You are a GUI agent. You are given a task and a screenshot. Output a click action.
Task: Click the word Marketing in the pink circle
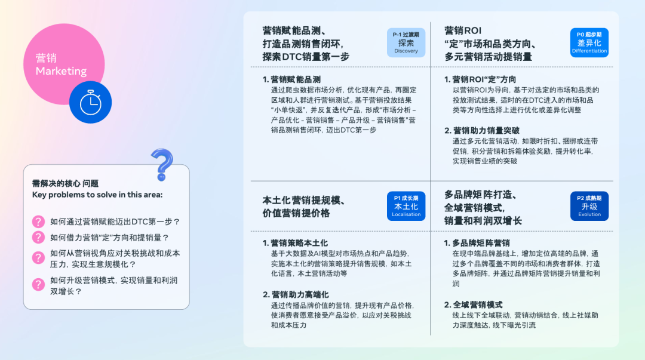(61, 71)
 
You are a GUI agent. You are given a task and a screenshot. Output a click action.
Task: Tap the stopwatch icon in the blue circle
(91, 103)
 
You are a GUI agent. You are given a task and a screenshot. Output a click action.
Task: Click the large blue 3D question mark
(162, 165)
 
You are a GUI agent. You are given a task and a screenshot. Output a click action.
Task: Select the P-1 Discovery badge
(406, 42)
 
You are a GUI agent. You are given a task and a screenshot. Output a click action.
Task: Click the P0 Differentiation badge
(589, 42)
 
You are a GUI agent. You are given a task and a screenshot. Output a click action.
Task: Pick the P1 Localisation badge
(406, 206)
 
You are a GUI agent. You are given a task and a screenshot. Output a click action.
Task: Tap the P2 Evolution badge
(589, 206)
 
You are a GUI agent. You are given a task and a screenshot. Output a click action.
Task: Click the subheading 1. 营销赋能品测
(291, 79)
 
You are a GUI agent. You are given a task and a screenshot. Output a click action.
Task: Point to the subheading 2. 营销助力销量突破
(482, 130)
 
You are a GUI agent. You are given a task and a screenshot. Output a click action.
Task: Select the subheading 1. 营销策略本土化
(296, 243)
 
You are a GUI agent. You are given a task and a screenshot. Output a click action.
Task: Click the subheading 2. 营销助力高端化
(296, 294)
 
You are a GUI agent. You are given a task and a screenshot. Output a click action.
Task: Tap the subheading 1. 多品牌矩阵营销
(477, 243)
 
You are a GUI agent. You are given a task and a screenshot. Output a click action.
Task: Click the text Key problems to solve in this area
(97, 195)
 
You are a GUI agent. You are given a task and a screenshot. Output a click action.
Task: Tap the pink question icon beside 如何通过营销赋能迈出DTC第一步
(38, 221)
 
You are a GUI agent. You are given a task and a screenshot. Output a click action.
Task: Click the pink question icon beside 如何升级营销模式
(38, 284)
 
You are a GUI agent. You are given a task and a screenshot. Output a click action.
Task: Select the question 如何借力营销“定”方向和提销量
(110, 238)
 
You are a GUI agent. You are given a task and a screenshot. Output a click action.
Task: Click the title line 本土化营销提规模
(303, 201)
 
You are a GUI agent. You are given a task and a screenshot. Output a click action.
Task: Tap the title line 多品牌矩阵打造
(480, 195)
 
